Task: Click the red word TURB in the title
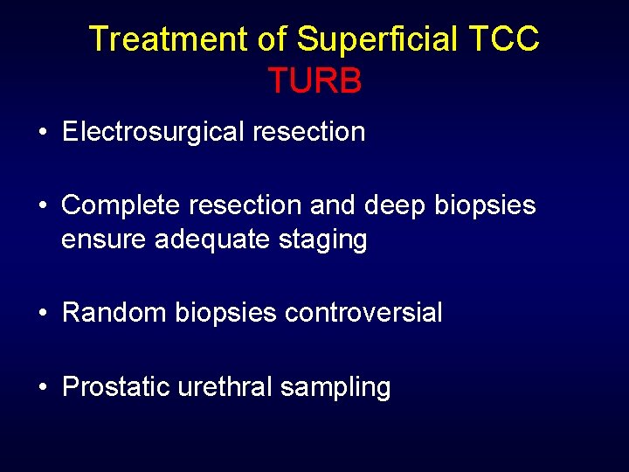(314, 80)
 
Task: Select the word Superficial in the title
(378, 39)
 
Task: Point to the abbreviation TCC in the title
(504, 39)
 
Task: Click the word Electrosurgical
(154, 132)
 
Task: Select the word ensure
(104, 239)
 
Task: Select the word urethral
(225, 385)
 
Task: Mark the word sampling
(335, 387)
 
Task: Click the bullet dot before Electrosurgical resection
(43, 133)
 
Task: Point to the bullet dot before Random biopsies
(43, 313)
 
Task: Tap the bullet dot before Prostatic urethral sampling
(43, 386)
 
